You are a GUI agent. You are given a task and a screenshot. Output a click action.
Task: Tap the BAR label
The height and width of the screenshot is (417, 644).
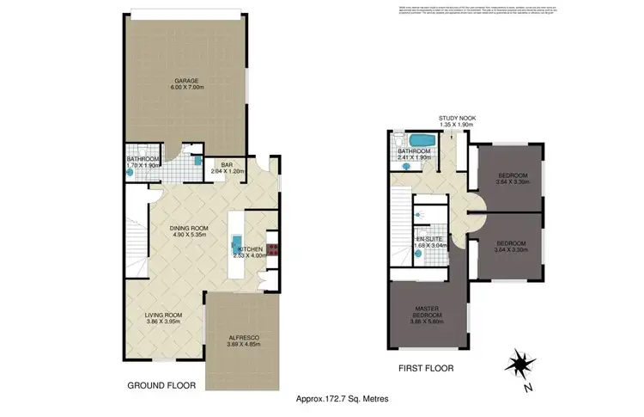click(228, 164)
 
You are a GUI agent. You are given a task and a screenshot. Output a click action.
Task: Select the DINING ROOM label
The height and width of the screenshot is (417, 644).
click(188, 227)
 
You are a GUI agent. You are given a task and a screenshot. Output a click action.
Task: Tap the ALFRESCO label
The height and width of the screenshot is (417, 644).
click(240, 336)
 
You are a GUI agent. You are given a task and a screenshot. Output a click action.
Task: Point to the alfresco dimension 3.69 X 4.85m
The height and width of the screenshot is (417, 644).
click(240, 344)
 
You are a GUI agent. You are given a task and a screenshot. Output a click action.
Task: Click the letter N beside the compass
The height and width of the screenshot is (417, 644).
click(530, 387)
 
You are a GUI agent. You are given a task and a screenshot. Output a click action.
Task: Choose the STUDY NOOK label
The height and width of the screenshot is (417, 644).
click(457, 118)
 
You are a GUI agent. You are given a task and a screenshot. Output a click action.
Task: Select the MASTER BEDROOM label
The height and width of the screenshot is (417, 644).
click(426, 313)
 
